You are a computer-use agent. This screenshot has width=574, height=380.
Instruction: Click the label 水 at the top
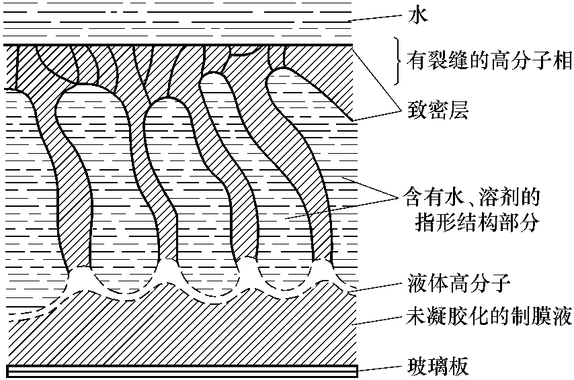(x=418, y=15)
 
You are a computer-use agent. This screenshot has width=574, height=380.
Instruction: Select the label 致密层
(x=438, y=109)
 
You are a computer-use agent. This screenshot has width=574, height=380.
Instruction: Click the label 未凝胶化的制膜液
(x=489, y=316)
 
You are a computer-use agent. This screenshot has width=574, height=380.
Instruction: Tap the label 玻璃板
(x=438, y=366)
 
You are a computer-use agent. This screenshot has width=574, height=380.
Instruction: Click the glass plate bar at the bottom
(x=182, y=371)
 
